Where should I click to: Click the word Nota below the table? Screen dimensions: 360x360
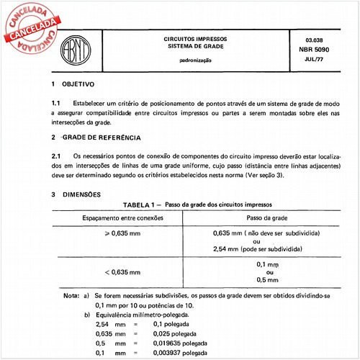[71, 295]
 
